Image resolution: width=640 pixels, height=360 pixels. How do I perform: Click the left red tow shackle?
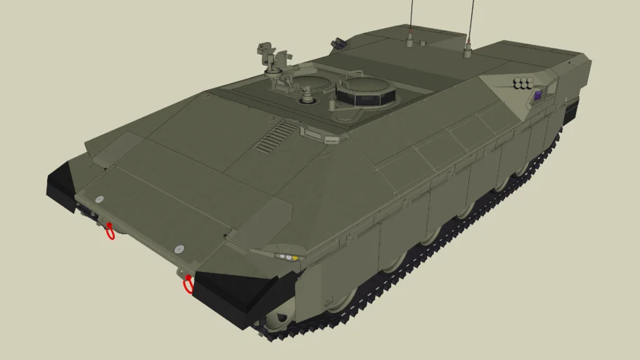coord(110,231)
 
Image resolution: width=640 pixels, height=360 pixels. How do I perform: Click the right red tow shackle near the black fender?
coord(188,285)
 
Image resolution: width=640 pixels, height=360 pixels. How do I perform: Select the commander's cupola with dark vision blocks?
coord(366,92)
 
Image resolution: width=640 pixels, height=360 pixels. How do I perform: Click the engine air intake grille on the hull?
coord(276,136)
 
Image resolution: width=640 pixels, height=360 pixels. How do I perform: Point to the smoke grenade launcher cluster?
coord(523,84)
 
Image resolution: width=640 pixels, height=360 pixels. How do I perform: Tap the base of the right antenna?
coord(467,51)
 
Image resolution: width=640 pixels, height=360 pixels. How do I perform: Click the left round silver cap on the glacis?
coord(99,200)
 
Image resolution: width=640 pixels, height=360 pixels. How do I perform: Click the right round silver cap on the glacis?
coord(179,249)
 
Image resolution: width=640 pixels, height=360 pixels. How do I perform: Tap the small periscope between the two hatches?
coord(333,105)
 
